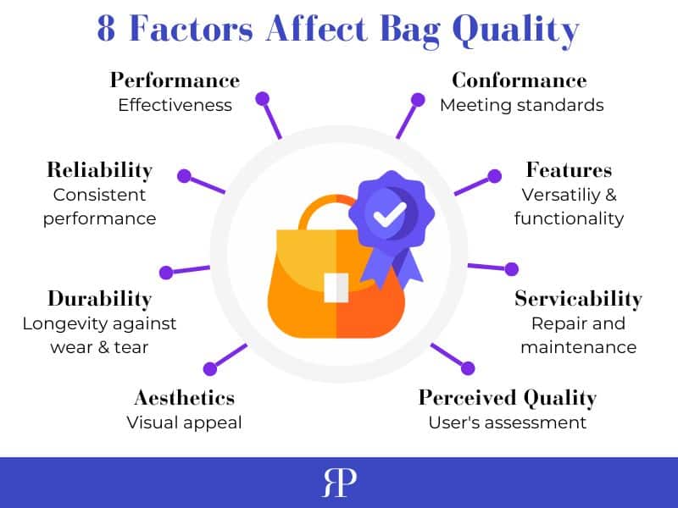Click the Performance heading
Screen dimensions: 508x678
(175, 80)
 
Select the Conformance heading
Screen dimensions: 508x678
(519, 80)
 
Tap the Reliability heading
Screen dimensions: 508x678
(99, 169)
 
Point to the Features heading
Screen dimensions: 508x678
(569, 169)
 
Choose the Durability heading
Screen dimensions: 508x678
(99, 298)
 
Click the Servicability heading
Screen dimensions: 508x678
(578, 299)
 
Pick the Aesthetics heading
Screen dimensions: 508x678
(184, 397)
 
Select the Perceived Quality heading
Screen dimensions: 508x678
(507, 397)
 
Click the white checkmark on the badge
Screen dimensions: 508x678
(389, 215)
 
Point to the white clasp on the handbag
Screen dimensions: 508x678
(336, 287)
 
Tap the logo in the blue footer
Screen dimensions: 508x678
(339, 483)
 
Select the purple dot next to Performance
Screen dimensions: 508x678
(263, 99)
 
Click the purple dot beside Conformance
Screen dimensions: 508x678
(418, 99)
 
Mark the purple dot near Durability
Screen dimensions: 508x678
(166, 273)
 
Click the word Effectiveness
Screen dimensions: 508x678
(175, 105)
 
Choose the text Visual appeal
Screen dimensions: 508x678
(184, 422)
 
